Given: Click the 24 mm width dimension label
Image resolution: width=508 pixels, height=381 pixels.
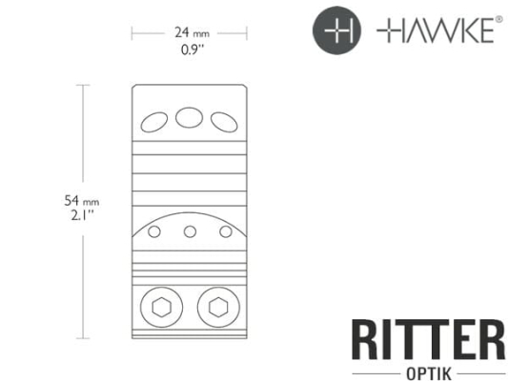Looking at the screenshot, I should coord(189,31).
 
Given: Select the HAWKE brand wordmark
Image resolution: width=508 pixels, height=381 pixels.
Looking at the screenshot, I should coord(434,32).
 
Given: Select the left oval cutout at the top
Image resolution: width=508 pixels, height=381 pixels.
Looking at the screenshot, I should coord(153,121).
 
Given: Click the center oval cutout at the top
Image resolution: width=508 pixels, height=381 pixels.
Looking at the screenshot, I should coord(189,117).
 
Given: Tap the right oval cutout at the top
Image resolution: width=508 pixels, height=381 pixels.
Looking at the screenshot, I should coord(224,121).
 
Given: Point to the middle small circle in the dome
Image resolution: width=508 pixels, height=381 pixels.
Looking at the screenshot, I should coord(190,231).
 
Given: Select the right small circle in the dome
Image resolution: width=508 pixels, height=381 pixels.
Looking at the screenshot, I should coord(226,231).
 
